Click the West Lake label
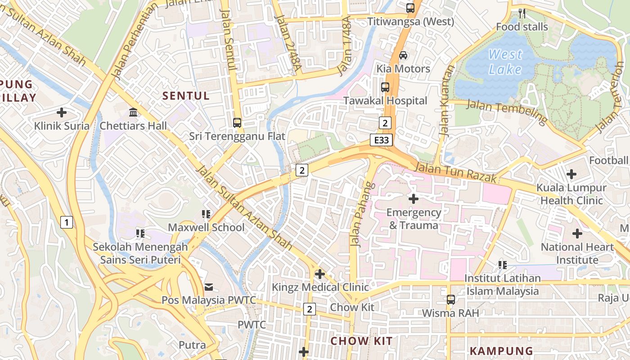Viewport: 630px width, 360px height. (x=505, y=62)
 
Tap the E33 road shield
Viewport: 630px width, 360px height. (x=382, y=140)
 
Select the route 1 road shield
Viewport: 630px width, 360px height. (x=67, y=222)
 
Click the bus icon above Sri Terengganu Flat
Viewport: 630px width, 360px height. (x=237, y=122)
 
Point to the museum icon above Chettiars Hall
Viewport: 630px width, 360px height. (x=133, y=112)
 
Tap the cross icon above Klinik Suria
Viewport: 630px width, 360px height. (x=62, y=112)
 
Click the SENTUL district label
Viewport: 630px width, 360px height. (x=186, y=96)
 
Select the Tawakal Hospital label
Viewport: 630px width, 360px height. (x=385, y=101)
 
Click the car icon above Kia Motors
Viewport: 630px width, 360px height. (x=403, y=55)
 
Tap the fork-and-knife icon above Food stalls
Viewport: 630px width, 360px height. (x=522, y=13)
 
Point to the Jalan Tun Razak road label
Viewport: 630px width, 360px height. (x=455, y=172)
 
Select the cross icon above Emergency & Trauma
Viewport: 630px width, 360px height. (x=413, y=198)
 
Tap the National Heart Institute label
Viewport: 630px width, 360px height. (x=577, y=253)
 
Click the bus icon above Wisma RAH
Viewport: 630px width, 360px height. (x=450, y=299)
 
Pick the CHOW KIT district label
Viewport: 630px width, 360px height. (x=361, y=341)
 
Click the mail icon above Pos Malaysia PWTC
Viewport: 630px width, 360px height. (x=209, y=287)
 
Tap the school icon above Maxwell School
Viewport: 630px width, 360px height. (x=206, y=214)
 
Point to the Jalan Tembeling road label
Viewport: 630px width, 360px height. (x=506, y=111)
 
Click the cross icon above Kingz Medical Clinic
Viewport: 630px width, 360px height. (x=320, y=274)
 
